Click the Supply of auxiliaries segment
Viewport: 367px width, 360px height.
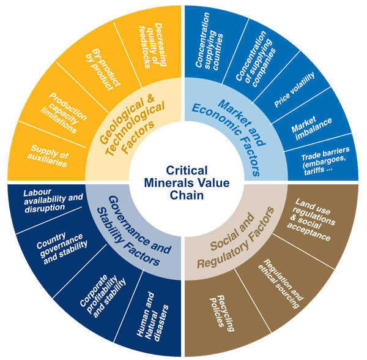49,156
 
